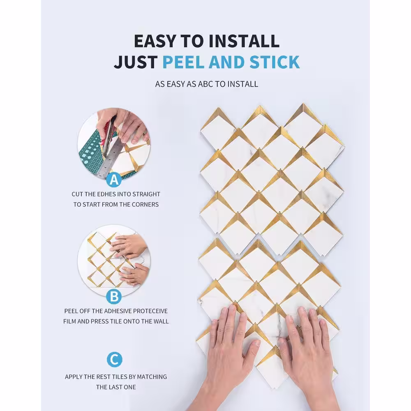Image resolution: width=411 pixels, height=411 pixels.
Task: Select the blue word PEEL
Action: (183, 62)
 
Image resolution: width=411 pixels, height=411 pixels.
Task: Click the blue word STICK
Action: (275, 62)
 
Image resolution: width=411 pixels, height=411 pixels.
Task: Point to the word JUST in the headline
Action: (136, 62)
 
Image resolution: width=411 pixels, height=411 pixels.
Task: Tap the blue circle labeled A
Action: (114, 180)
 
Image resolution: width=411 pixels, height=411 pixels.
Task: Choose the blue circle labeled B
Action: (114, 296)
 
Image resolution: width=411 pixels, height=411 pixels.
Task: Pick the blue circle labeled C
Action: (115, 359)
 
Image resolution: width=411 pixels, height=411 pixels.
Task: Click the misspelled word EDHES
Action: (106, 194)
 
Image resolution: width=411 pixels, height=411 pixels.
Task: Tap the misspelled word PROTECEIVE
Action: (150, 311)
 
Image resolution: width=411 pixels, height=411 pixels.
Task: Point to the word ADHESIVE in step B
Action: (118, 311)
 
